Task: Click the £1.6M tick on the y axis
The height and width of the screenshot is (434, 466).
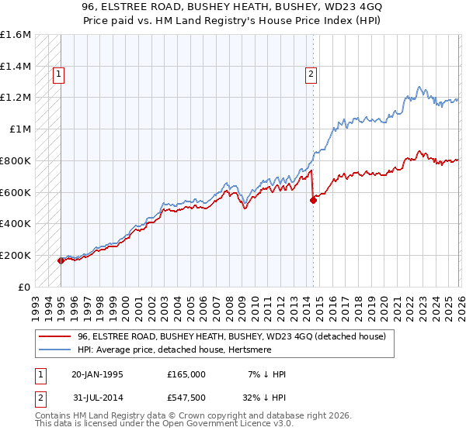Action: point(16,35)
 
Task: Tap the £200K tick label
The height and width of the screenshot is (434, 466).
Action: point(16,255)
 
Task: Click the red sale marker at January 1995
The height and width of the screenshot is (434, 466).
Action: point(61,260)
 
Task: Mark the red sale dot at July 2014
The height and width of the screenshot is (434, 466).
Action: point(313,200)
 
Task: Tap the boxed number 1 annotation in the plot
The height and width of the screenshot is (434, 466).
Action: point(58,74)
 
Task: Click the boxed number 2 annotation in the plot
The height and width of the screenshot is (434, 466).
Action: point(310,74)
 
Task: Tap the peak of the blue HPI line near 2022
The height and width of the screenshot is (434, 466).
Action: point(419,87)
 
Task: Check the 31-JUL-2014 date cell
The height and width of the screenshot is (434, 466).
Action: point(97,398)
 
